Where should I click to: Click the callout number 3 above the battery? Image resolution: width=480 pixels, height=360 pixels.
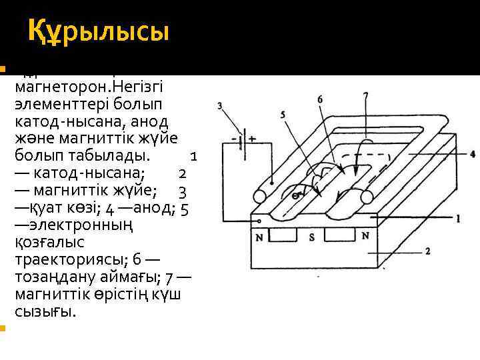(220, 105)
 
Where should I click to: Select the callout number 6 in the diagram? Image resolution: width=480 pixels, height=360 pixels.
(320, 100)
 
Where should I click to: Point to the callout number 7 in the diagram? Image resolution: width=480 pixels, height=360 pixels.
(365, 97)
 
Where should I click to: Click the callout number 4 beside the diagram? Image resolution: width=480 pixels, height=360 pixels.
(472, 154)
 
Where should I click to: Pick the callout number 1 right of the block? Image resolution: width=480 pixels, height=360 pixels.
(458, 218)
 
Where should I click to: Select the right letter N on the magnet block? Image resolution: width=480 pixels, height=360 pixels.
(365, 235)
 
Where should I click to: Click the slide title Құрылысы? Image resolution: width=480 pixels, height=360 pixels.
(99, 32)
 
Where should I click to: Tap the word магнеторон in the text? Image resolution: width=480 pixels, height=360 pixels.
(57, 88)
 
